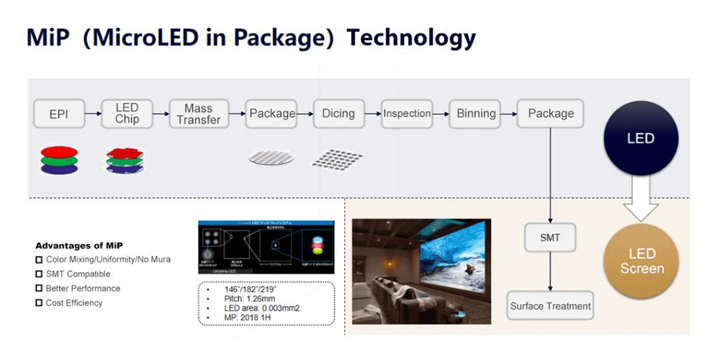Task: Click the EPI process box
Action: (x=58, y=114)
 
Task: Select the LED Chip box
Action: (x=127, y=114)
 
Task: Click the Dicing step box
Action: (x=338, y=114)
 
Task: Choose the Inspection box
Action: (x=407, y=114)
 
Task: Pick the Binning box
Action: (x=476, y=114)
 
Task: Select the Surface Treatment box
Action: (x=551, y=306)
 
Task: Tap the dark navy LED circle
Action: (x=641, y=138)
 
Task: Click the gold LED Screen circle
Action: (x=641, y=262)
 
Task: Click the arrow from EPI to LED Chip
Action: (x=93, y=114)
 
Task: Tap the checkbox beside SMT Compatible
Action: (x=40, y=274)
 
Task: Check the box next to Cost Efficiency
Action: (x=40, y=303)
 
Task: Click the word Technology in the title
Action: (x=411, y=37)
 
